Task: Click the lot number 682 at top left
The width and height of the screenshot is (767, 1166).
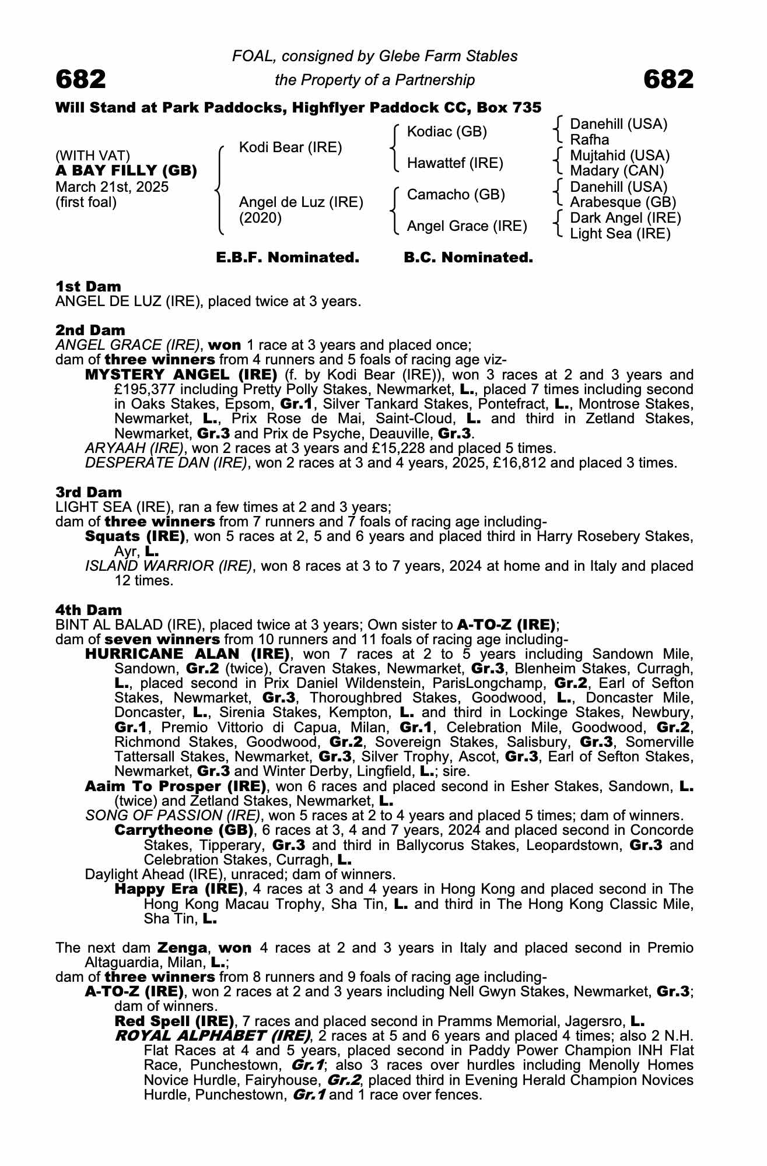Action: coord(80,79)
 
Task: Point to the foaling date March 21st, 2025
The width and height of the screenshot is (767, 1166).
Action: coord(112,187)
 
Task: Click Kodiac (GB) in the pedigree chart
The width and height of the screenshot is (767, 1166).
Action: coord(447,132)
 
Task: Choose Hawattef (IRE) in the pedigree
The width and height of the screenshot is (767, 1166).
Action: coord(455,163)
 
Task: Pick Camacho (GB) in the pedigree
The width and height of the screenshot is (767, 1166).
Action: coord(456,195)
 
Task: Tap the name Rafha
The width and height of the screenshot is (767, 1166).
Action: coord(589,140)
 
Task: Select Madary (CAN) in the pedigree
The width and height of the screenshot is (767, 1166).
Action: coord(617,171)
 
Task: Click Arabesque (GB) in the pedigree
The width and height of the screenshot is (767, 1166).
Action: coord(623,202)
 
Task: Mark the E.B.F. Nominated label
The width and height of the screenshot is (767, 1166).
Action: coord(288,258)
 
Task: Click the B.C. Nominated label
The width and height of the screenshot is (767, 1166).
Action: coord(468,258)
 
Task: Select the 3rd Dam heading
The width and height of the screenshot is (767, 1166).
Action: coord(89,493)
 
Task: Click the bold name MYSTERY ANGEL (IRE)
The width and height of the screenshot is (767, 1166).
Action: coord(181,374)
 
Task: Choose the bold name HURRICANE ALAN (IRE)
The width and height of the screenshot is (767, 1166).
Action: coord(187,654)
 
